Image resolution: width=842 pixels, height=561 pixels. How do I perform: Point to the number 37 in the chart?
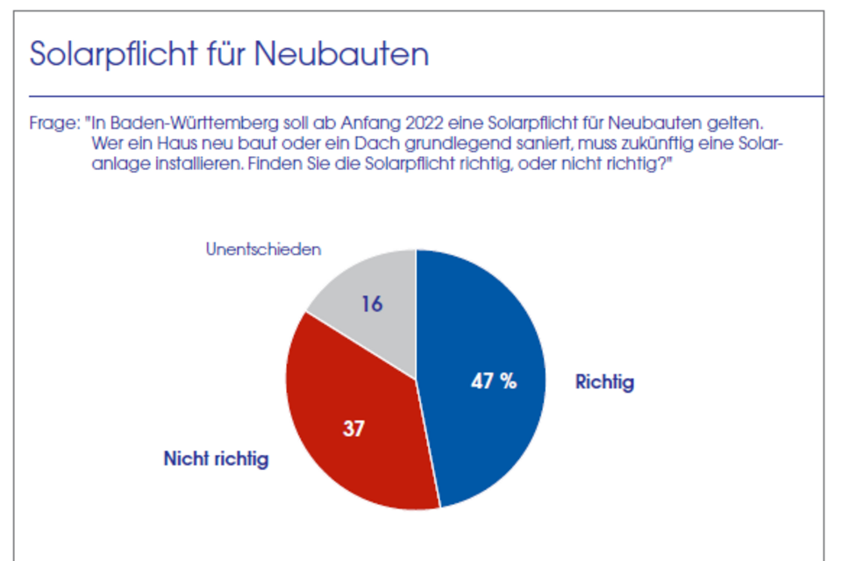pyautogui.click(x=353, y=429)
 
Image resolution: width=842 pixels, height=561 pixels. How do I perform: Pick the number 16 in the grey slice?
pyautogui.click(x=373, y=303)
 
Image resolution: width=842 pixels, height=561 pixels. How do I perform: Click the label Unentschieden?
pyautogui.click(x=263, y=249)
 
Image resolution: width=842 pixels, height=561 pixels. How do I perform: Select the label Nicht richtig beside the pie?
pyautogui.click(x=216, y=458)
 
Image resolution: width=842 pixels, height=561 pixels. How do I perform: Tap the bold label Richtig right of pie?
pyautogui.click(x=604, y=382)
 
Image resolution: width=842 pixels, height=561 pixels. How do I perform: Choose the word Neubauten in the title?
pyautogui.click(x=342, y=54)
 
